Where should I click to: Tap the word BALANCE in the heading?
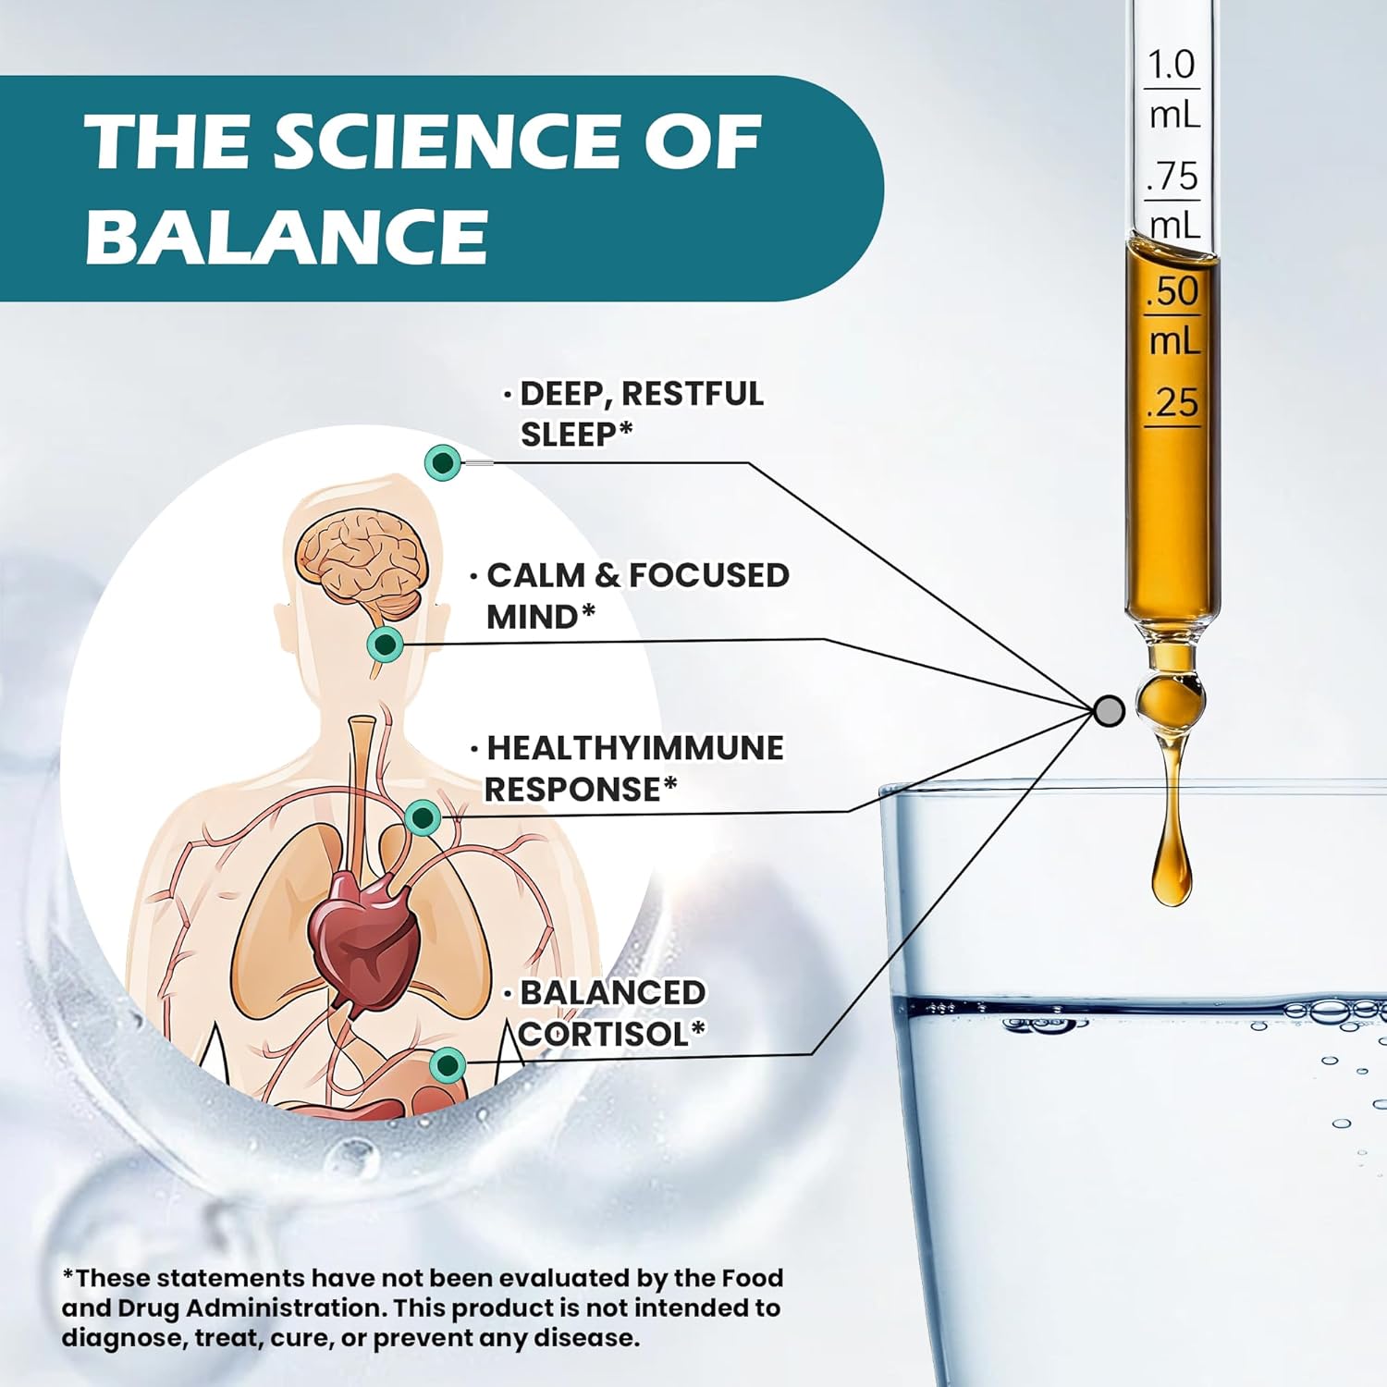tap(287, 236)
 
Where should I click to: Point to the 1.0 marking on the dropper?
tap(1171, 65)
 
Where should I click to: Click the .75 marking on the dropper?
tap(1172, 176)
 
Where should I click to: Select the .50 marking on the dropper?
tap(1172, 291)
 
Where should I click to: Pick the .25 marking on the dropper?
tap(1172, 403)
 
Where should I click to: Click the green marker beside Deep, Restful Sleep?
tap(443, 462)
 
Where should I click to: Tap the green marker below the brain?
tap(386, 644)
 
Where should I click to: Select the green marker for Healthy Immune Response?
tap(423, 817)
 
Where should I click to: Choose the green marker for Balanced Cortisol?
tap(448, 1065)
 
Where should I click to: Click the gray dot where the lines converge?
tap(1109, 710)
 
